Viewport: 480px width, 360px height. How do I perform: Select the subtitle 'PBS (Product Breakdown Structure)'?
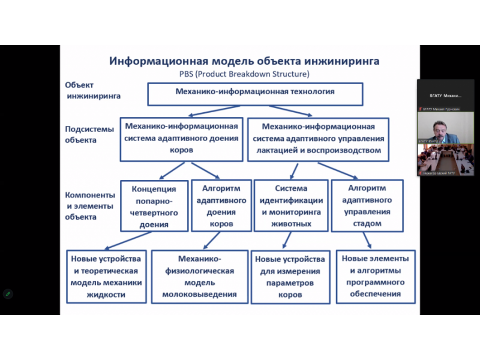point(244,74)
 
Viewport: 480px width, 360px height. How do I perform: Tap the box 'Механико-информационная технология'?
point(255,92)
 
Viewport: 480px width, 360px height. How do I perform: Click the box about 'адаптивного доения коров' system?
point(181,139)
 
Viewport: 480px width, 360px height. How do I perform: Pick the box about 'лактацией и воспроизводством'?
point(319,139)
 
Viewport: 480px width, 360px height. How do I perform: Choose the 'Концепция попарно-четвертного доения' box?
point(154,206)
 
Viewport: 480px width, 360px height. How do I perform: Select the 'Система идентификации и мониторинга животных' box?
point(291,206)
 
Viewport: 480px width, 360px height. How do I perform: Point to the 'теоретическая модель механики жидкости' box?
point(106,277)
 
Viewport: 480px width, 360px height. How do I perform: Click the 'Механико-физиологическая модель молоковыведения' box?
point(199,277)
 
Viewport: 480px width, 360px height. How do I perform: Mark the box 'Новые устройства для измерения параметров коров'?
point(290,277)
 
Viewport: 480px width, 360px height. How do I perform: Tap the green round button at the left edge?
point(8,293)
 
